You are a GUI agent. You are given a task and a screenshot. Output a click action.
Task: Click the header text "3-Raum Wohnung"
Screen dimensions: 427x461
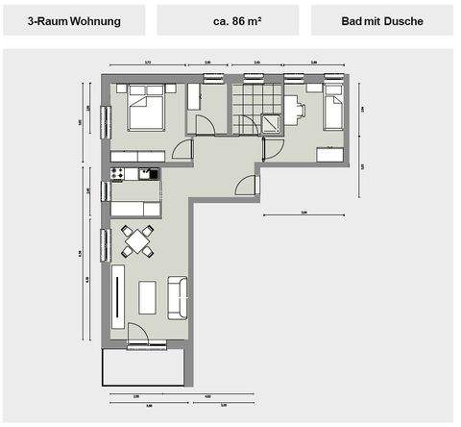[x=73, y=20]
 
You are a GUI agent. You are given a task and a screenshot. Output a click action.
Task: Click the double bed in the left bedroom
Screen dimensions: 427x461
[x=147, y=108]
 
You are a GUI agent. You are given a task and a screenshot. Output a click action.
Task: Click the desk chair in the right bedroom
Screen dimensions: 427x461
[x=299, y=111]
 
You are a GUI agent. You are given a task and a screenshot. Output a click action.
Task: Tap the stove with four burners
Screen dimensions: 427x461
[x=118, y=174]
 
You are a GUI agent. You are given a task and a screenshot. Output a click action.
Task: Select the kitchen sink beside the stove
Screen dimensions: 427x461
[x=148, y=174]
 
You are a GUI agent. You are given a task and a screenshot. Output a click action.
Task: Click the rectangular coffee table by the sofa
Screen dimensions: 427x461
[x=148, y=296]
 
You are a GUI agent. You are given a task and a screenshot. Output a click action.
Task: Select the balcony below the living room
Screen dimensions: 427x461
[x=144, y=365]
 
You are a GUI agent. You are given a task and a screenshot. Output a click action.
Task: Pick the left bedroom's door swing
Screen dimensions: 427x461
[x=182, y=151]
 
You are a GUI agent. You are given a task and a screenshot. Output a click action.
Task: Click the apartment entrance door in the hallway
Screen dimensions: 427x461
[x=248, y=185]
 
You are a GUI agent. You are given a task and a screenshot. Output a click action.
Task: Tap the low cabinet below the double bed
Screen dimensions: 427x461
[x=138, y=156]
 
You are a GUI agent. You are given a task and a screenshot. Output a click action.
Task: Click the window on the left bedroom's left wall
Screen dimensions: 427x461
[x=106, y=122]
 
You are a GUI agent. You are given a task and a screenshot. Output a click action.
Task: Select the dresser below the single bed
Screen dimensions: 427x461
[x=331, y=155]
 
